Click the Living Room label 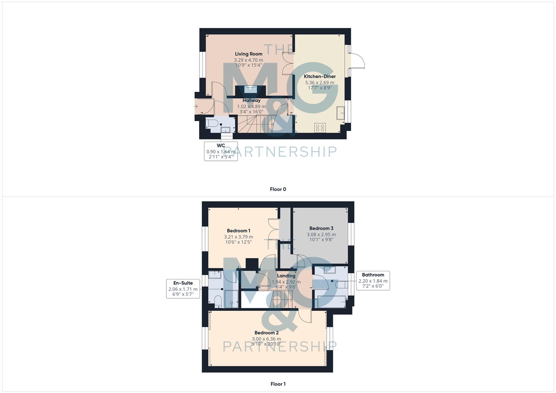248,54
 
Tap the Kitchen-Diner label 320,76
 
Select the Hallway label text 252,100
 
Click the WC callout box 221,151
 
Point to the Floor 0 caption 278,189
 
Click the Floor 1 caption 278,384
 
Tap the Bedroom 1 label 238,231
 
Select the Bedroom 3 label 321,229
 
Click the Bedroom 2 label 267,333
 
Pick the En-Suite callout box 183,288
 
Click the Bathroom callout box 373,280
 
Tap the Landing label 286,276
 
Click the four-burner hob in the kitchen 320,128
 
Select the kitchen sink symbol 340,113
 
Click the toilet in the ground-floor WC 212,123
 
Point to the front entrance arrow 196,107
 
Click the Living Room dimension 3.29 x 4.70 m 248,60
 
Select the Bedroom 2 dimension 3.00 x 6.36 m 267,339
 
